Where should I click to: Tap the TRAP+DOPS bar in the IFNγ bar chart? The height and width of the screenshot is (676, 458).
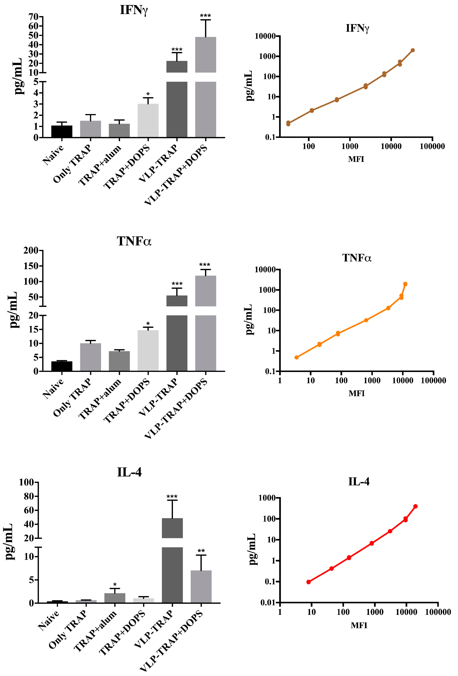[x=148, y=120]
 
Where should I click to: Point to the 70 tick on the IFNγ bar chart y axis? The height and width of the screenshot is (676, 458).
[x=34, y=17]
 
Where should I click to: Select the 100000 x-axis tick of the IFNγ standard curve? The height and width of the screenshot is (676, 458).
[x=432, y=146]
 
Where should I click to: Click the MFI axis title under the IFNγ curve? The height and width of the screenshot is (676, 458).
[x=356, y=159]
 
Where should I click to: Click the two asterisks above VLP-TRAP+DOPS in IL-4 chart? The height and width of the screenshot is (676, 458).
[x=201, y=551]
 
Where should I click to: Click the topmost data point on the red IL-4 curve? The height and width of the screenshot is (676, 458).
[x=415, y=506]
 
